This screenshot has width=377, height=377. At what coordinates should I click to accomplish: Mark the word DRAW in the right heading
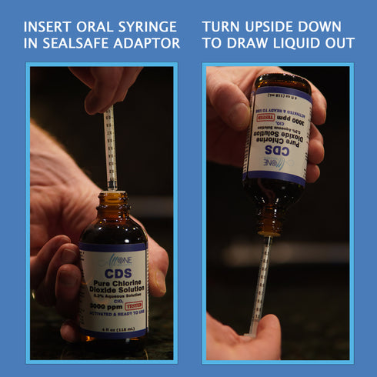(247, 43)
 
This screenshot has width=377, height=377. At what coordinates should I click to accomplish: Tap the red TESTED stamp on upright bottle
(134, 305)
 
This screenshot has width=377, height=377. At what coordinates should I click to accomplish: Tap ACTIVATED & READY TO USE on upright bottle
(113, 315)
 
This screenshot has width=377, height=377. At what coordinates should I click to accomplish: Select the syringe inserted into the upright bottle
(110, 146)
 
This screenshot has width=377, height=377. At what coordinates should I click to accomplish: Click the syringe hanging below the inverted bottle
(260, 281)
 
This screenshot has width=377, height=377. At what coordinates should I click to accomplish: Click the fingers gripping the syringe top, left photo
(108, 85)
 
